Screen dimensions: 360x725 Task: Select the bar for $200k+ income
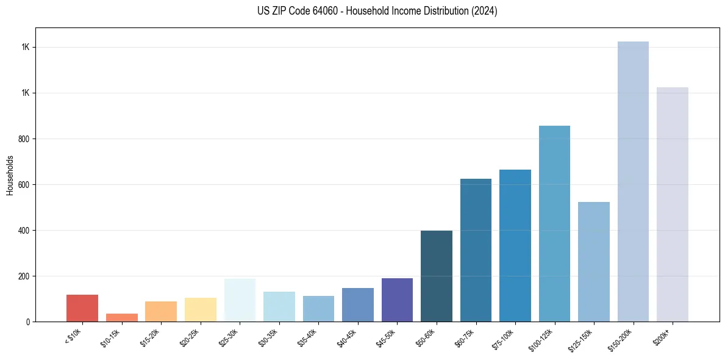pyautogui.click(x=672, y=204)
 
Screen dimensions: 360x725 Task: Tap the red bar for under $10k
pyautogui.click(x=82, y=308)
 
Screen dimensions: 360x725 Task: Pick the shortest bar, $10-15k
pyautogui.click(x=121, y=317)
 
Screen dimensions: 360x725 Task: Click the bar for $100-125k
pyautogui.click(x=554, y=223)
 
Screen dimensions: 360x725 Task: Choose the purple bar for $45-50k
pyautogui.click(x=397, y=300)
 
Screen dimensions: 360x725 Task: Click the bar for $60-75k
pyautogui.click(x=476, y=250)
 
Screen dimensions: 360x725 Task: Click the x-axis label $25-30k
pyautogui.click(x=229, y=337)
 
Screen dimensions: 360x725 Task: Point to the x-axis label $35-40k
pyautogui.click(x=308, y=337)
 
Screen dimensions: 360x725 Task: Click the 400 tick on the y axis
pyautogui.click(x=24, y=230)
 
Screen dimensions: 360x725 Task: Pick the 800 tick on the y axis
pyautogui.click(x=24, y=139)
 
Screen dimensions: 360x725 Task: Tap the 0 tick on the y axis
pyautogui.click(x=28, y=322)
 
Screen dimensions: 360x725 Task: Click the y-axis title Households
pyautogui.click(x=10, y=175)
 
